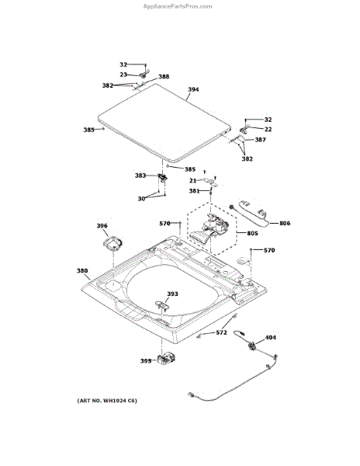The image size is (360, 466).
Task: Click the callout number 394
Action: point(193,89)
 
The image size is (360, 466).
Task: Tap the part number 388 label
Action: point(164,77)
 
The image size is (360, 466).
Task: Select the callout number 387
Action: point(260,140)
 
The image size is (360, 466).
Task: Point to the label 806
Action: point(285,223)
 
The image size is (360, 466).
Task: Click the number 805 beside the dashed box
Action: point(252,233)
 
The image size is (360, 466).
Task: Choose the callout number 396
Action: point(102,226)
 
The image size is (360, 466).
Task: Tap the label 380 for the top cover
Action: point(82,271)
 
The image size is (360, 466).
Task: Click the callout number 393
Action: point(172,294)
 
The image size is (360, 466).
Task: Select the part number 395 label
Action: point(146,361)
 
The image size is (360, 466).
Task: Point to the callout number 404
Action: point(270,337)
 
